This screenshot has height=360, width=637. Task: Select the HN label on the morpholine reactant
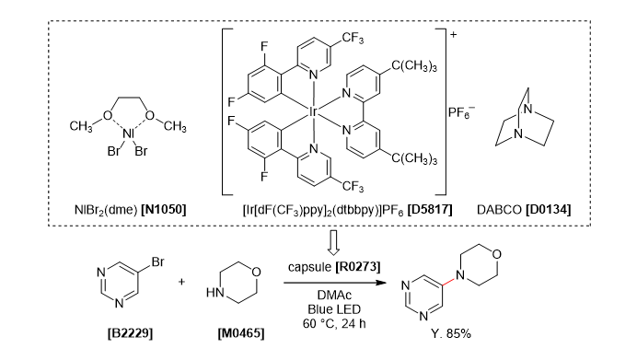point(214,296)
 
